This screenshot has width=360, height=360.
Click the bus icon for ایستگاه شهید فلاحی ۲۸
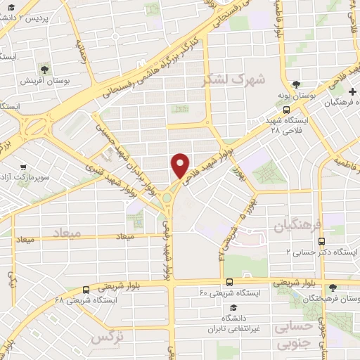pyautogui.click(x=286, y=110)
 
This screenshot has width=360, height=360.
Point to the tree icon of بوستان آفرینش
pyautogui.click(x=46, y=69)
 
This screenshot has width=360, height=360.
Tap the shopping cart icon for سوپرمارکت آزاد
pyautogui.click(x=23, y=168)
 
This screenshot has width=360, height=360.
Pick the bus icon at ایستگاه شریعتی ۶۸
pyautogui.click(x=85, y=288)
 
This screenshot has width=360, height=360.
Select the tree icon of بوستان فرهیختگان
pyautogui.click(x=333, y=287)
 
